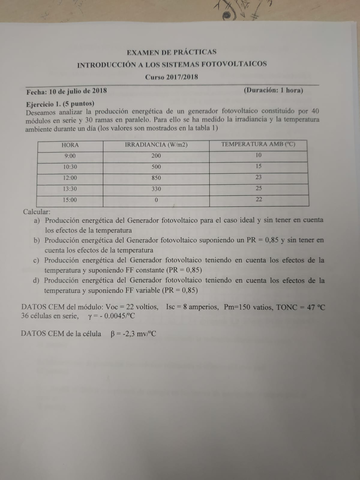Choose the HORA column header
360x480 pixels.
click(69, 145)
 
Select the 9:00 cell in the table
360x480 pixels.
click(69, 156)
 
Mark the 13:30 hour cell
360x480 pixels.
click(69, 188)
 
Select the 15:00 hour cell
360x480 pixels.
click(69, 200)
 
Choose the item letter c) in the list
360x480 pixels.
click(37, 260)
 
